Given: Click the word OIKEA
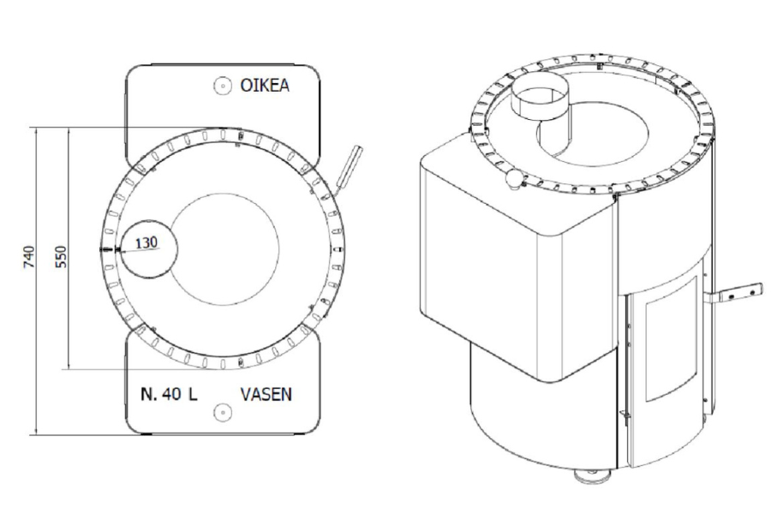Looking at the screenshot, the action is coord(265,85).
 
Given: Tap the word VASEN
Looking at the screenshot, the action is coord(266,394).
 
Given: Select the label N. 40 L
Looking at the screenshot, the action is coord(169,394).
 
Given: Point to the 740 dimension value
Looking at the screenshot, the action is coord(29,257).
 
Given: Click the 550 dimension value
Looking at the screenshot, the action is coord(61,257).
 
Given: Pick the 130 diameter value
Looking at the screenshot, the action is coord(146,242).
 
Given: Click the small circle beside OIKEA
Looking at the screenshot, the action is coord(223,86).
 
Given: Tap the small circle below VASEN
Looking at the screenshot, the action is coord(223,412).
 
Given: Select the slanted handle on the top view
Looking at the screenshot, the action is coord(349,170).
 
